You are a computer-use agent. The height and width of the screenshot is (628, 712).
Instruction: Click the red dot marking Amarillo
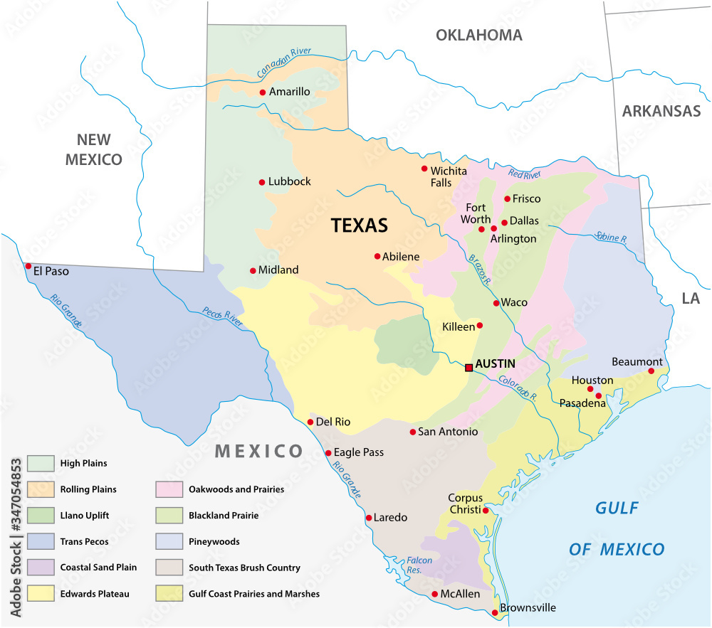click(x=263, y=92)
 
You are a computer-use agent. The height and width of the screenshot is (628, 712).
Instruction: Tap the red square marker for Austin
click(x=468, y=368)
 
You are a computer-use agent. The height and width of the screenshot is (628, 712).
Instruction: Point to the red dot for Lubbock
click(x=262, y=182)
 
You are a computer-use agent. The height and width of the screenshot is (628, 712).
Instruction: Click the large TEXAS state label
click(x=360, y=225)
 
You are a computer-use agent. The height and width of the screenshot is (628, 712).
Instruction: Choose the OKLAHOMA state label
click(x=478, y=35)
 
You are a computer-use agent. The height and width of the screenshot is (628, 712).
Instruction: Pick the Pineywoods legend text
click(x=214, y=542)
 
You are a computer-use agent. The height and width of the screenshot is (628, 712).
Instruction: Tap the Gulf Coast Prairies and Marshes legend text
click(x=253, y=594)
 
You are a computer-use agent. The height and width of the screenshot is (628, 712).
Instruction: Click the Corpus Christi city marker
click(x=486, y=510)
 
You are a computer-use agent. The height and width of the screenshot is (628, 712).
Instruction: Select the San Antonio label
click(x=447, y=432)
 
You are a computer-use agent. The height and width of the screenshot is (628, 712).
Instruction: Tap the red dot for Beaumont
click(x=651, y=371)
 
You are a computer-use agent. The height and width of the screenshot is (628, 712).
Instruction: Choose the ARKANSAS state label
click(x=661, y=111)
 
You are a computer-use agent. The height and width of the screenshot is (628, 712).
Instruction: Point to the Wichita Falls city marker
click(x=424, y=169)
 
